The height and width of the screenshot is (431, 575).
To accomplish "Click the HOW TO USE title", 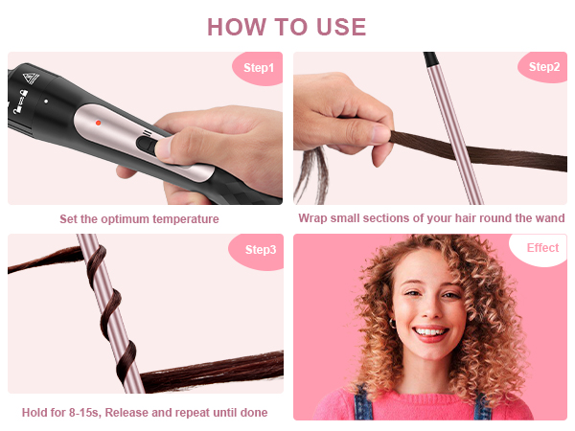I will pos(287,26).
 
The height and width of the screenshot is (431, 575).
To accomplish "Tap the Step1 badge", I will pos(258,68).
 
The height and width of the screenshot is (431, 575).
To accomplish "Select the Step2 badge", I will pos(543,67).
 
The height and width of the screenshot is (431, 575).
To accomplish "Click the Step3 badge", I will pos(260,250).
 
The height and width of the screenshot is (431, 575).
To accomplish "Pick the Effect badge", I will pos(542,248).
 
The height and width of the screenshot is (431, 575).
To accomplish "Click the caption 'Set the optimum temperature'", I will pos(139,219).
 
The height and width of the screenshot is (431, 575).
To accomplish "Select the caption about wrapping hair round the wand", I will pos(431,218).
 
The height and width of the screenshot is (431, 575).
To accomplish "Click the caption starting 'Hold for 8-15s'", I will pos(145,413).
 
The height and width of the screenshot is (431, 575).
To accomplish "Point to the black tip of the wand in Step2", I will pos(430,59).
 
